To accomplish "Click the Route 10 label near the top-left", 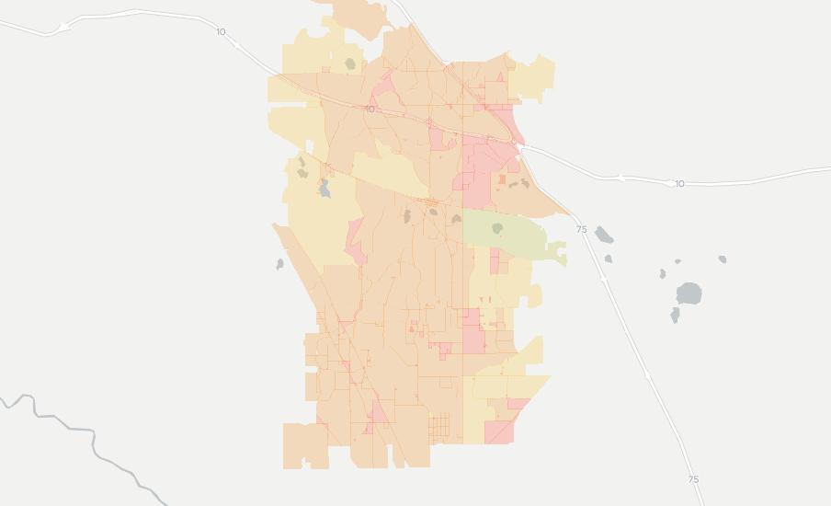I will point(221,32).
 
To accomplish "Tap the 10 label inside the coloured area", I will point(370,109).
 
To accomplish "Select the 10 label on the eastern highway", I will point(679,184).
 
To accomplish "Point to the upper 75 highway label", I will point(581,229).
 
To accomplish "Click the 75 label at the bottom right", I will point(693,479).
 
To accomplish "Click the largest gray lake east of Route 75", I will point(689,294).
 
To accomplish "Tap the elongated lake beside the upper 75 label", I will point(603,235).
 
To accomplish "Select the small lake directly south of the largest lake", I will point(675,316).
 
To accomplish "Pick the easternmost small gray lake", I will point(723,259).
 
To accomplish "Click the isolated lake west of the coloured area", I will point(279,264).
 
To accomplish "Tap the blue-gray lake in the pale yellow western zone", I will point(324,190).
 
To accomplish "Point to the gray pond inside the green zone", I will point(497,227).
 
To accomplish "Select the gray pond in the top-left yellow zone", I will point(349,64).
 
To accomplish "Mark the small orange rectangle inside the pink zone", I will point(488,179).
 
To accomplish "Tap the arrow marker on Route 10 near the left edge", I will point(63,29).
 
